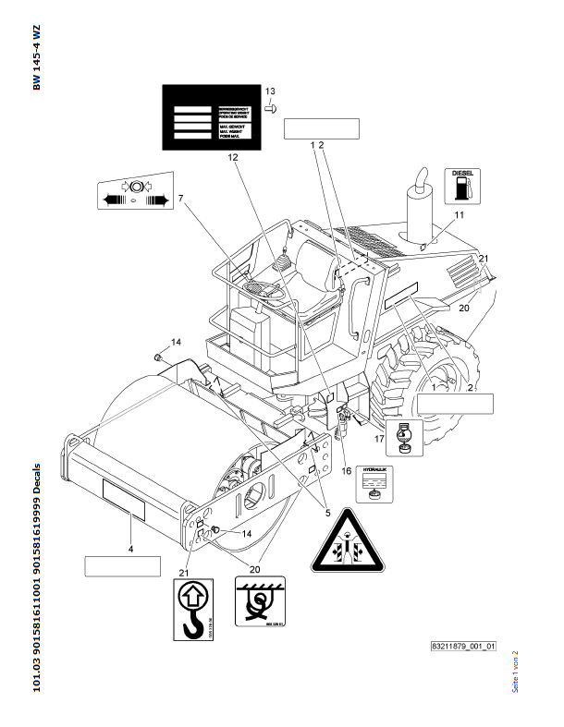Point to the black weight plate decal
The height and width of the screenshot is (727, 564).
(209, 116)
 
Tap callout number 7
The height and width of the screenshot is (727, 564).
(181, 198)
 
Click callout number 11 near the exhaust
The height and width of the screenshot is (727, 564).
(459, 215)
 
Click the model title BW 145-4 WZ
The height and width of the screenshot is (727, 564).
(37, 57)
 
